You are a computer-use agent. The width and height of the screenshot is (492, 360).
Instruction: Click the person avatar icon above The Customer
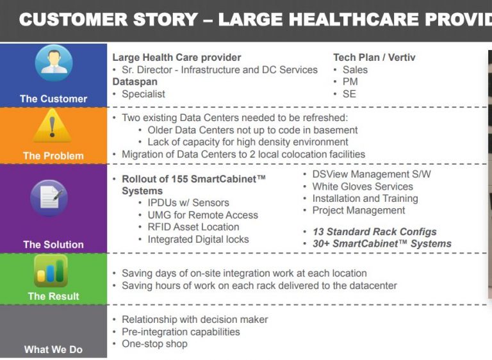point(54,63)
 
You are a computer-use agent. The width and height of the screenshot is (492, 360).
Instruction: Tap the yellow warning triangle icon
point(52,126)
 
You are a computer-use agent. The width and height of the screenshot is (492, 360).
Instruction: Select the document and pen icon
point(49,198)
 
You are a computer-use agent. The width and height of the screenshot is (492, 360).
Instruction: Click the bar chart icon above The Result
point(51,271)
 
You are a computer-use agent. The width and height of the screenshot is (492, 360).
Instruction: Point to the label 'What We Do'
point(53,349)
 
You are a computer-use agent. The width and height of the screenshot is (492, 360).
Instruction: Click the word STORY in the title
point(162,19)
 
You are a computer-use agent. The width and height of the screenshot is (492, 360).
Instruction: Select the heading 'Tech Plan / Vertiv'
point(374,58)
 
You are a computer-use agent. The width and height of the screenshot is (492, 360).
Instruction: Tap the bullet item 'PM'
point(350,81)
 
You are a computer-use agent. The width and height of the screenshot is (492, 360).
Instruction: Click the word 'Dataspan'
point(135,82)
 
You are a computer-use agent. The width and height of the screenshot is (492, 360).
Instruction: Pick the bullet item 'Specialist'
point(143,94)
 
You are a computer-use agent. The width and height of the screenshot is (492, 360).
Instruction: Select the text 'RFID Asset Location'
point(193,227)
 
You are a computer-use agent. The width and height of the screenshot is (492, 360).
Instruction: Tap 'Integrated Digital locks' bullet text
point(199,239)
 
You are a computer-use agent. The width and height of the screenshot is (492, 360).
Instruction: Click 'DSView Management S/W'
point(372,174)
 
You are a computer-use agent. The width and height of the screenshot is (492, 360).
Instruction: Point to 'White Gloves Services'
point(363,186)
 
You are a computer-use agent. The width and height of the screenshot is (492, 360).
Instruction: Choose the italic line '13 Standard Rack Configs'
point(375,232)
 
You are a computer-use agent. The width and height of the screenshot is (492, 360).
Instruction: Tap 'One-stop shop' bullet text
point(154,344)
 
